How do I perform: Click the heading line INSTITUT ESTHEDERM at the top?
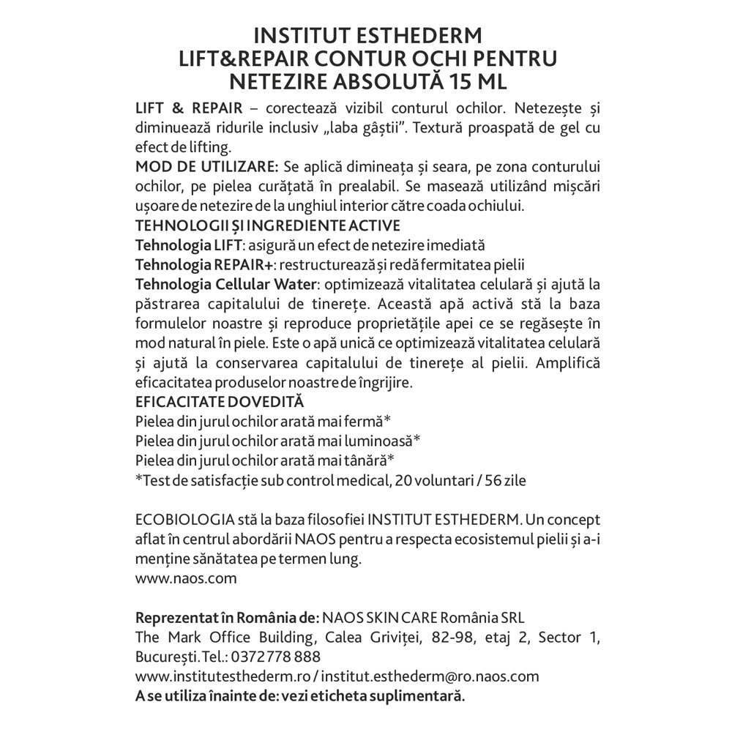pos(366,37)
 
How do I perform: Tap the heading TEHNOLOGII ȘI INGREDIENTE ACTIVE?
pos(268,225)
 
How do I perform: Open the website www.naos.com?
pos(186,578)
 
